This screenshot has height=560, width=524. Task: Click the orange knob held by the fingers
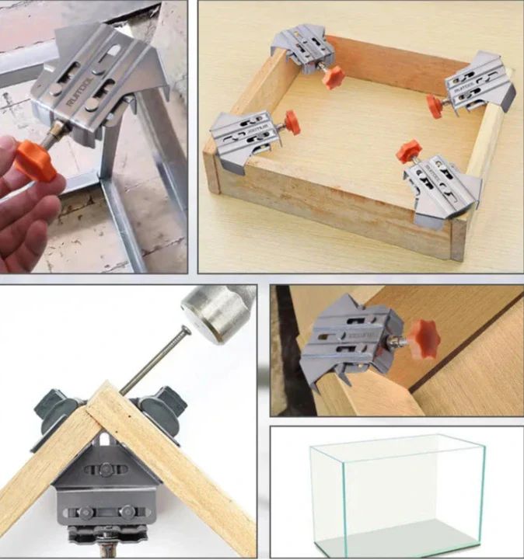36,159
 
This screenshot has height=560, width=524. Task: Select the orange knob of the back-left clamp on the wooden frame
333,77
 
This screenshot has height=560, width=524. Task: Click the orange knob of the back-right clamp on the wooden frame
436,106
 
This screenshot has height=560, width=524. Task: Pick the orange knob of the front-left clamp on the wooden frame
292,121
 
